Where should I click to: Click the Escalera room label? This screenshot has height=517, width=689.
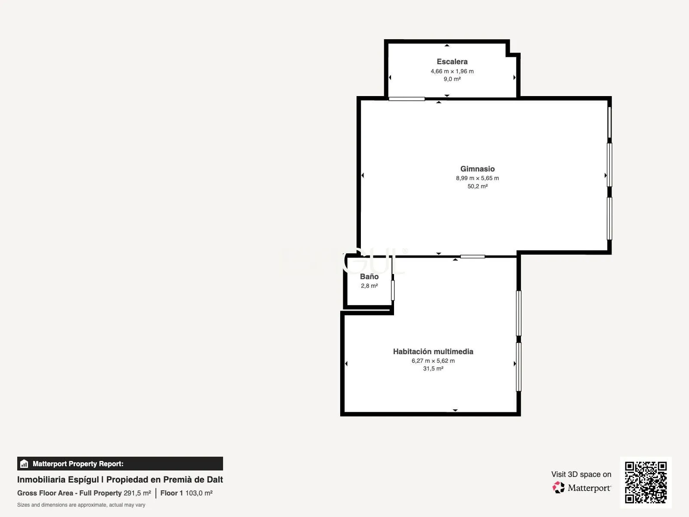[x=452, y=62]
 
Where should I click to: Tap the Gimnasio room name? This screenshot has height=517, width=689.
[x=478, y=169]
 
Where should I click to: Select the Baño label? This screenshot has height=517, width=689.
[x=369, y=277]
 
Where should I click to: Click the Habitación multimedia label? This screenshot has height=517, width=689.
[x=433, y=352]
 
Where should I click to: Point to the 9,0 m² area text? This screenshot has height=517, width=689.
[x=452, y=79]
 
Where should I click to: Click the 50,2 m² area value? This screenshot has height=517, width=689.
[x=478, y=186]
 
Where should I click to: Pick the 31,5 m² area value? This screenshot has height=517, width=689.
[x=433, y=368]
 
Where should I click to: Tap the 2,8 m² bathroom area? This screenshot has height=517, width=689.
[x=369, y=286]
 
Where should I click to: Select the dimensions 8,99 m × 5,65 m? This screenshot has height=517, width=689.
[x=478, y=178]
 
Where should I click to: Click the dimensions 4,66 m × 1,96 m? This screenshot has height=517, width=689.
[x=452, y=71]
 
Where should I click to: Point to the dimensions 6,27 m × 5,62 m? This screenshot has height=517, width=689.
[x=433, y=361]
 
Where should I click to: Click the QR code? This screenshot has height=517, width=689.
[x=646, y=483]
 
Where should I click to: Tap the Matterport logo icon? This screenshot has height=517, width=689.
[x=559, y=488]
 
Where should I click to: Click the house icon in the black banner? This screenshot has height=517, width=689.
[x=24, y=464]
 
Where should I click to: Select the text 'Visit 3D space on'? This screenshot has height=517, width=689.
[x=581, y=474]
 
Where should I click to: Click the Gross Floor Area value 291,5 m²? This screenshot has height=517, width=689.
[x=137, y=493]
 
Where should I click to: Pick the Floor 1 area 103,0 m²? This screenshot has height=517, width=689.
[x=199, y=493]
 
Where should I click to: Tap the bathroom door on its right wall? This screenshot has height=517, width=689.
[x=393, y=290]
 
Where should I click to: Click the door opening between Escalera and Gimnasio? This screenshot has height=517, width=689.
[x=407, y=99]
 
